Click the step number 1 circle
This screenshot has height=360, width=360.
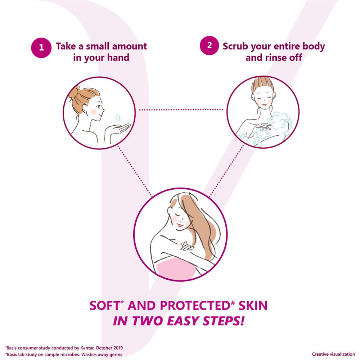(x=41, y=48)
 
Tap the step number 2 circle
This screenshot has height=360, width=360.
(x=209, y=45)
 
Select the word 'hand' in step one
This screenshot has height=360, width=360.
(x=118, y=57)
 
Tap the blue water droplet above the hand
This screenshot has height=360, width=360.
(x=118, y=117)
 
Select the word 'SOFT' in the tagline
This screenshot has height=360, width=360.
(x=105, y=306)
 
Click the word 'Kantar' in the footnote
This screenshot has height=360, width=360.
(x=87, y=348)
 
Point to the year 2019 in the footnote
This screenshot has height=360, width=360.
(x=118, y=348)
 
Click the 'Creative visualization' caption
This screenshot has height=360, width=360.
(x=333, y=354)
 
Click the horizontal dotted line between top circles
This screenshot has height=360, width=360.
(x=181, y=110)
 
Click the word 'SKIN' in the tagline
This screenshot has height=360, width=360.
(x=253, y=306)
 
